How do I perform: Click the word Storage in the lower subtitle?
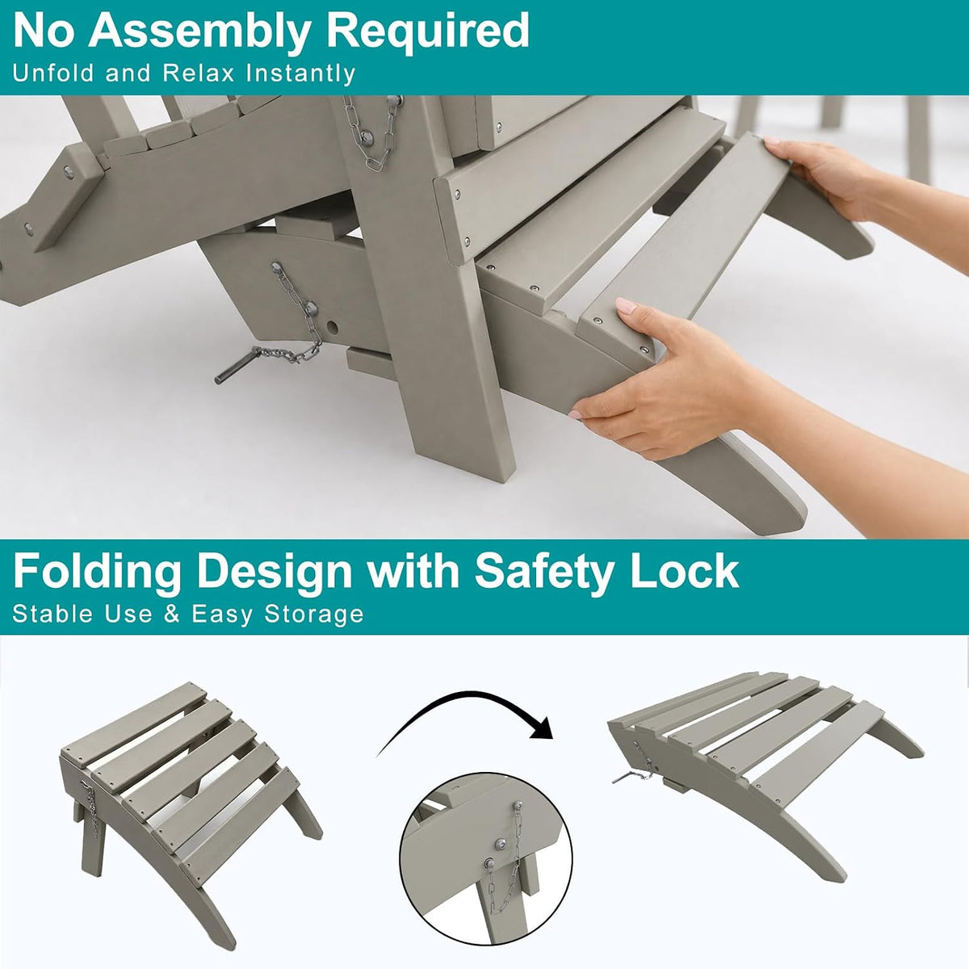click(x=314, y=615)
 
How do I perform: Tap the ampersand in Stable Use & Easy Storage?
click(x=171, y=615)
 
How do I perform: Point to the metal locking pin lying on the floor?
click(x=236, y=365)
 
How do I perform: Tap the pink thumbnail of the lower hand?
click(x=627, y=306)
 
